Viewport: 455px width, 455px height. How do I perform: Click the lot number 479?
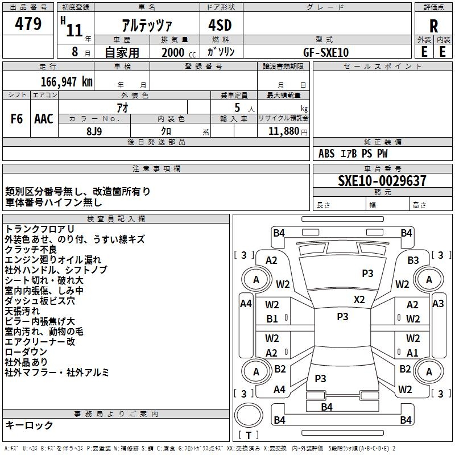click(28, 23)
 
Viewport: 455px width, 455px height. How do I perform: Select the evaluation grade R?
click(433, 26)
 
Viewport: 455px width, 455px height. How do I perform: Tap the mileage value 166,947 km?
click(67, 82)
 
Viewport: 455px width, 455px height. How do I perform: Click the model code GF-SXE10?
click(326, 52)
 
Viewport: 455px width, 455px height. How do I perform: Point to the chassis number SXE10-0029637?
click(382, 181)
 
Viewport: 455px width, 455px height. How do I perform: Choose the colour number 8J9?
click(94, 131)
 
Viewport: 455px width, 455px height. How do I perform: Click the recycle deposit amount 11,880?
click(284, 131)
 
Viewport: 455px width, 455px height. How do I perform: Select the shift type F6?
click(16, 119)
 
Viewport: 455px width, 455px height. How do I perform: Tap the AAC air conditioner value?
click(44, 119)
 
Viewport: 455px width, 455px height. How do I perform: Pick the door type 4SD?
click(220, 25)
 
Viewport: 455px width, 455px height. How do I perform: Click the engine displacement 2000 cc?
click(179, 52)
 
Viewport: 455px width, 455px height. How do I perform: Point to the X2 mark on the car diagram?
click(359, 300)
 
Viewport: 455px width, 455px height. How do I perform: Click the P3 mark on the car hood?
click(367, 274)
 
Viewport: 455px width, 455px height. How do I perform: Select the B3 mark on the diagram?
click(413, 260)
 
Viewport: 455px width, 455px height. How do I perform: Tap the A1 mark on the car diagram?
click(412, 353)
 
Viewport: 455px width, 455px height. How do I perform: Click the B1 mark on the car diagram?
click(272, 319)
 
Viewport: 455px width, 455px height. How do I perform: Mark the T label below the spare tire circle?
click(249, 435)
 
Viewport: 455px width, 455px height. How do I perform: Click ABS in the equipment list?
click(326, 154)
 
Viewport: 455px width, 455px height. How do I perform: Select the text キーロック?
click(29, 425)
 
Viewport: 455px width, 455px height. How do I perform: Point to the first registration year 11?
click(75, 30)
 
